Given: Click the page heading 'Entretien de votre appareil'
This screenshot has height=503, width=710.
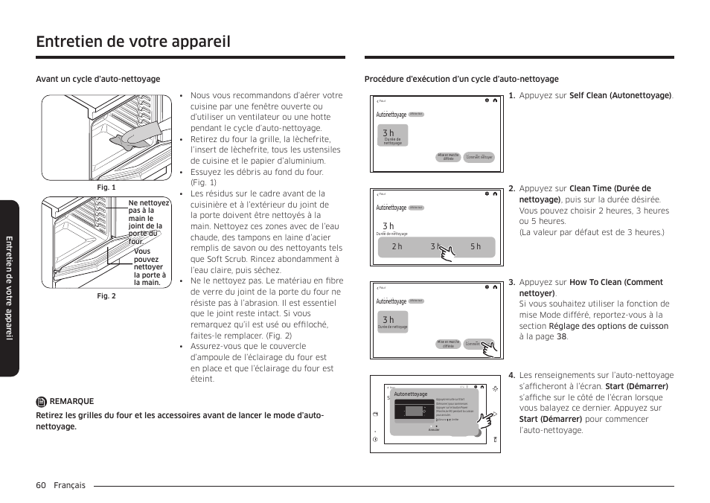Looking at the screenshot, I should pos(133,42).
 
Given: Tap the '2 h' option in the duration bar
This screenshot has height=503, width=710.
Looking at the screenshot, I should pos(397,247).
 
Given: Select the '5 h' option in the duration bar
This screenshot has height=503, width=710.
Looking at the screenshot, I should pos(476,247).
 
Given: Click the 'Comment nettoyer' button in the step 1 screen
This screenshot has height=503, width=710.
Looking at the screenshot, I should pos(479,158).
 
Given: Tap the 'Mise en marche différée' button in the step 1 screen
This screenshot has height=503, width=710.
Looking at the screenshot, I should pos(448,158).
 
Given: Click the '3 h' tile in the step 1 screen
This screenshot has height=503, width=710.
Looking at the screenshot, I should pos(392,136).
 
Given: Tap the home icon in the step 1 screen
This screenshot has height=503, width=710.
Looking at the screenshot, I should pos(495,100).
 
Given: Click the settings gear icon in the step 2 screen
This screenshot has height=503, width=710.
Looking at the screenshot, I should pos(486,193).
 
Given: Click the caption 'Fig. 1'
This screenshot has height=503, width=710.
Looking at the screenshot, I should pos(106,188).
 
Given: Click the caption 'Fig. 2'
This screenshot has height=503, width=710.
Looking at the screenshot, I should pos(106,296).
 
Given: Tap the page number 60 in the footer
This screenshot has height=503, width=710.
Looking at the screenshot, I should pos(41,485).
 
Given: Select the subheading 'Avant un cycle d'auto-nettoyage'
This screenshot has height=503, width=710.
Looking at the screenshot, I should pos(98,80).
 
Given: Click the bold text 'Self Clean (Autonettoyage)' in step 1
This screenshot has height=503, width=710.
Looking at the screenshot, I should pos(620,96).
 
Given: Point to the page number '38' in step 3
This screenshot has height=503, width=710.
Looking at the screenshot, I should pos(562,336).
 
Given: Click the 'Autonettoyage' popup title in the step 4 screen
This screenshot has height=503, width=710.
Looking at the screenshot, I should pos(410,394).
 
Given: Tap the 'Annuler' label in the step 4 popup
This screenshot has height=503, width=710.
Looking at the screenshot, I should pos(434,430).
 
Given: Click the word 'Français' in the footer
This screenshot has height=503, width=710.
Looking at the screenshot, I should pos(69,485).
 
